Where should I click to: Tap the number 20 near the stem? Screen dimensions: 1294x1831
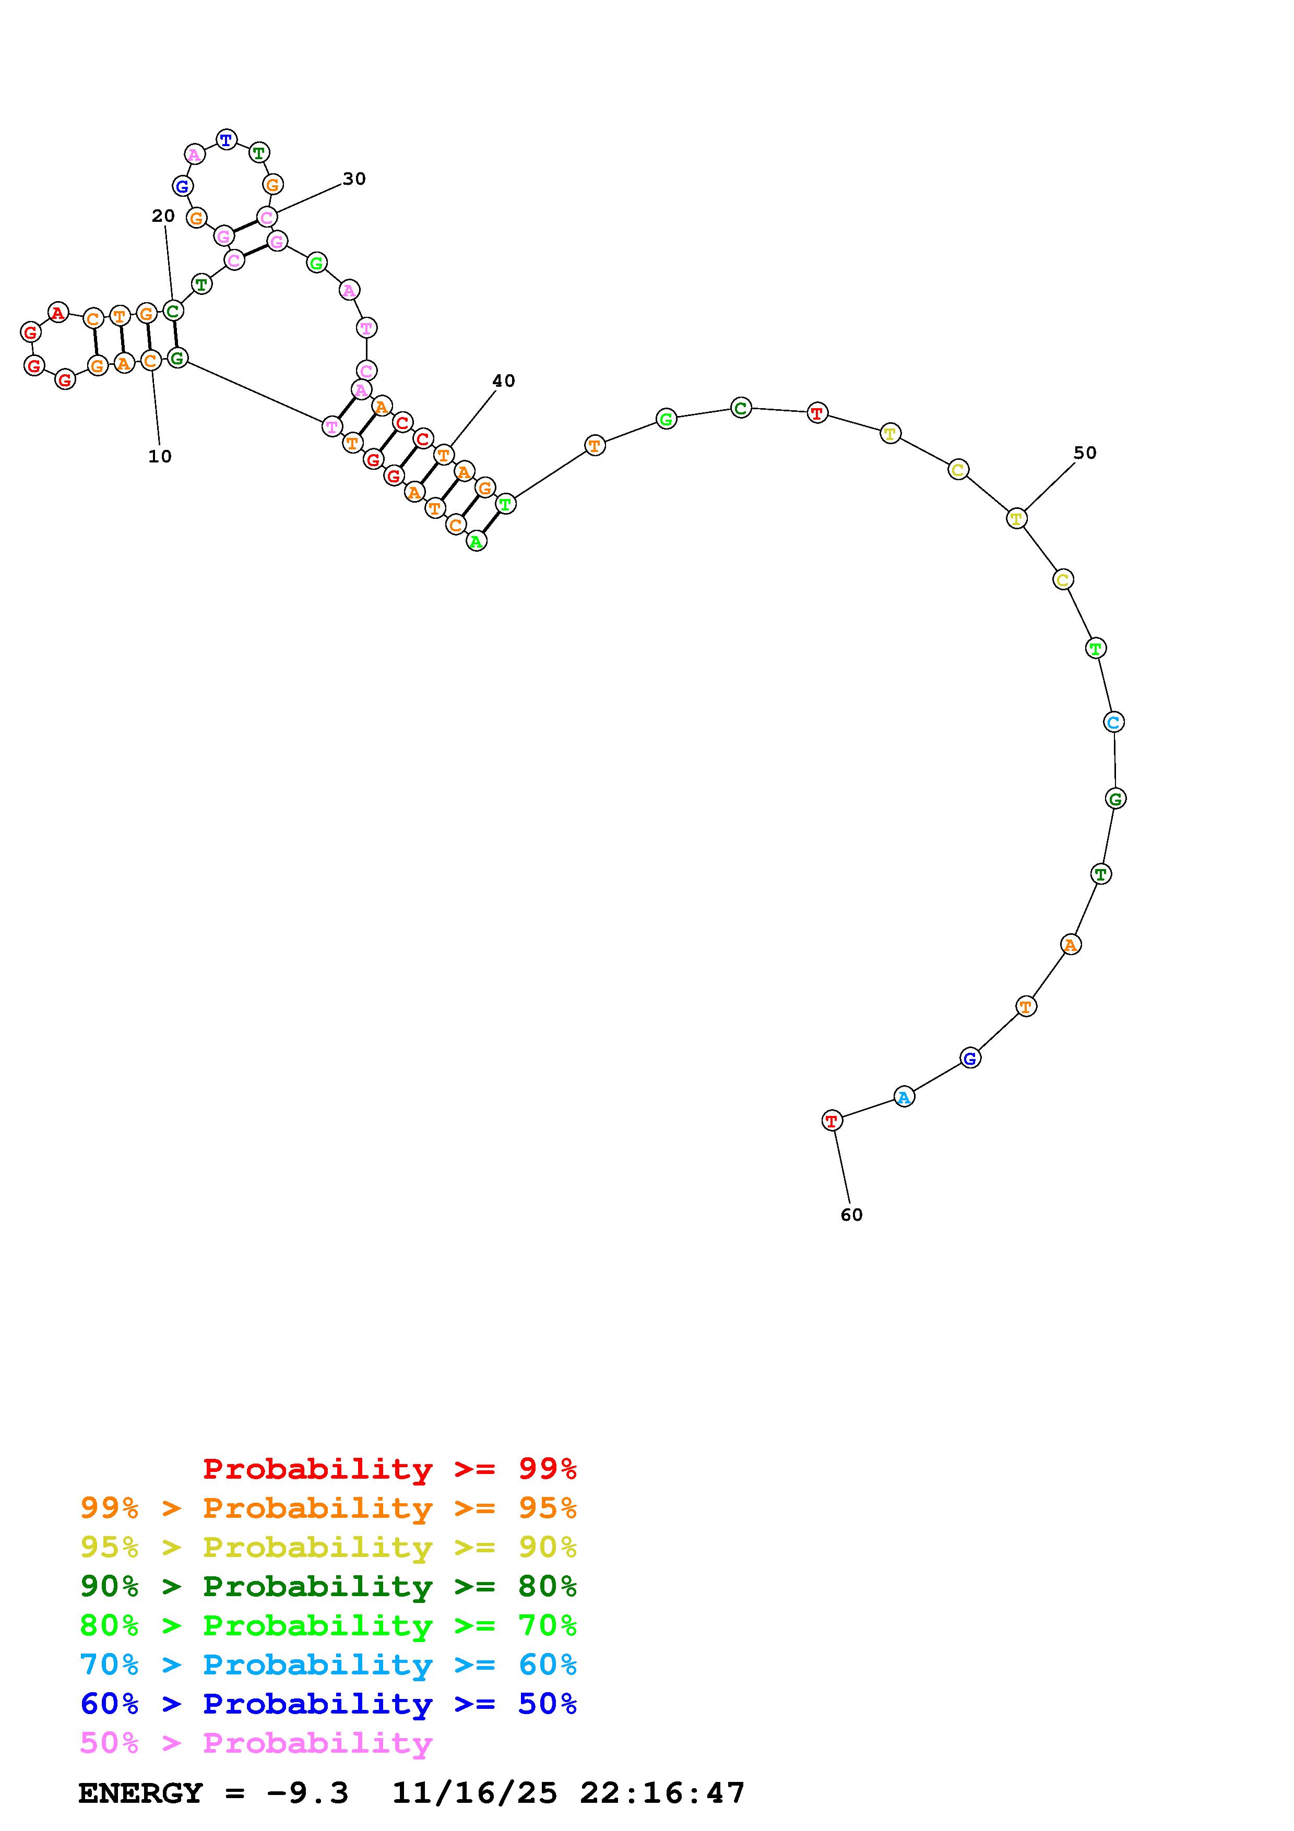163,216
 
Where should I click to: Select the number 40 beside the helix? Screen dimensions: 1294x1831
503,381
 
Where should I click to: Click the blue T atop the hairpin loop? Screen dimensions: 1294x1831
227,139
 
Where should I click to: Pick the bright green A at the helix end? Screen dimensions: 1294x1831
476,541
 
